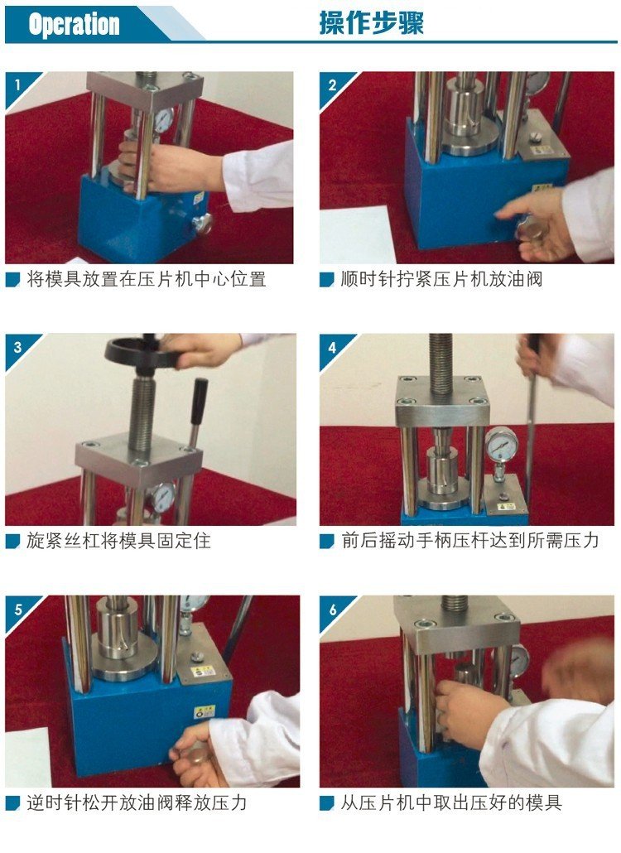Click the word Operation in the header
[x=74, y=24]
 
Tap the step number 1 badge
[x=17, y=84]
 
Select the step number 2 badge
[x=332, y=84]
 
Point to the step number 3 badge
[x=17, y=345]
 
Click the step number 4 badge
[x=332, y=346]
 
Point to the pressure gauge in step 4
[x=501, y=442]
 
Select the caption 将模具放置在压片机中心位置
[x=146, y=280]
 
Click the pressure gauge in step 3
[x=162, y=496]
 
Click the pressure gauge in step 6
[x=519, y=660]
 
